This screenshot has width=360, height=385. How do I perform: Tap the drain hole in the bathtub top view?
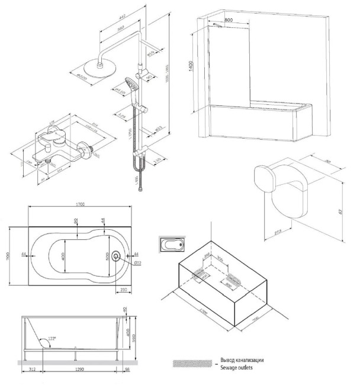115,256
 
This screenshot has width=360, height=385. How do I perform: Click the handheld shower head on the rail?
131,84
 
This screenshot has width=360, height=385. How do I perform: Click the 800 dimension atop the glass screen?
229,20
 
